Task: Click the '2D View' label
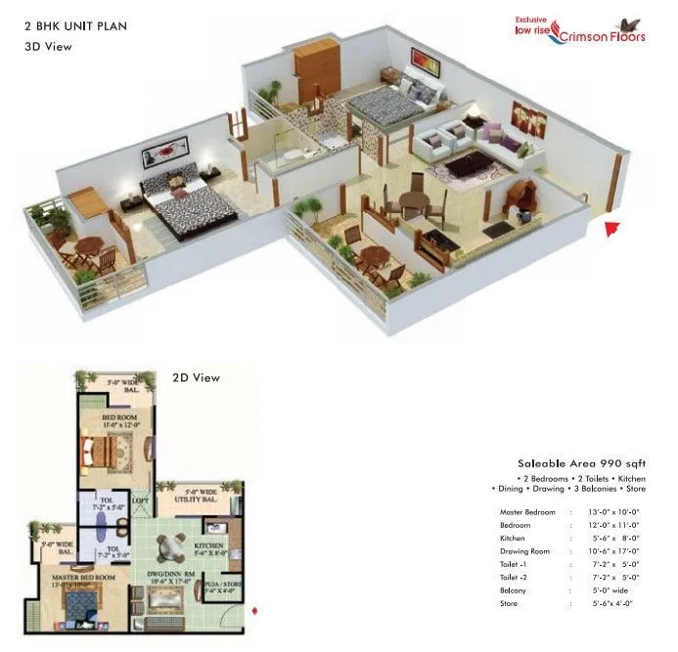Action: pos(196,377)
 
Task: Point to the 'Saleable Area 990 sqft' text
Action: pos(567,463)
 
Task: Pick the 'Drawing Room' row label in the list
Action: pos(524,551)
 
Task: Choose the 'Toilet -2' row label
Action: pos(515,577)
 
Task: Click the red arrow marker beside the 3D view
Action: pos(612,231)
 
